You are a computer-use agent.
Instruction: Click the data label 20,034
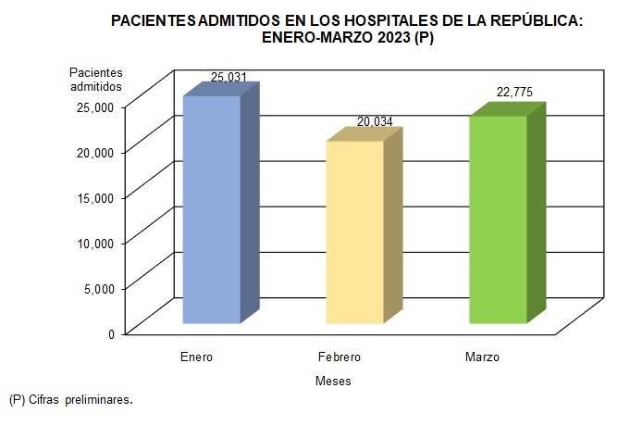pos(376,122)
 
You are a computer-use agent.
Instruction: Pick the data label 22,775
pos(513,92)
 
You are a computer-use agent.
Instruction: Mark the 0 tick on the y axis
pos(111,333)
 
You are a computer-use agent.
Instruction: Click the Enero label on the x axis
pos(196,357)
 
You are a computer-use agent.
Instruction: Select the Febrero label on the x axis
pos(339,357)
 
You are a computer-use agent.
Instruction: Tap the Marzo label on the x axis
pos(482,357)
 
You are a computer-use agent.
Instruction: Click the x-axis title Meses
pos(333,381)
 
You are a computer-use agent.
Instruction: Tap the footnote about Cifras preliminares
pos(70,400)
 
